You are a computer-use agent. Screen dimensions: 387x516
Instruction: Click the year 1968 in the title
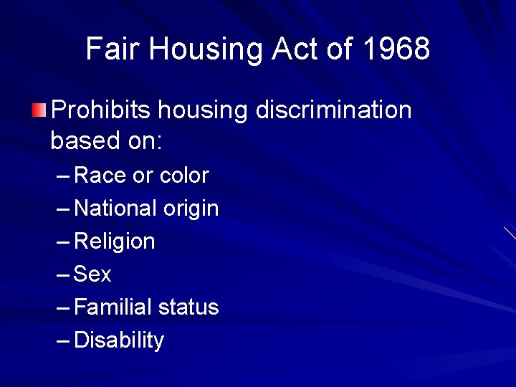396,49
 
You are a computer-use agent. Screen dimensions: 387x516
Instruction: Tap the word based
82,140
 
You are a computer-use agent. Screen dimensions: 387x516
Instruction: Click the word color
184,176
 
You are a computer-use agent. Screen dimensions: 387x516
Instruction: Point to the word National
115,209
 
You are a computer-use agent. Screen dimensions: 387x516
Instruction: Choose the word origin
191,209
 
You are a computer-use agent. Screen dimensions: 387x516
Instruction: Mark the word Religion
115,242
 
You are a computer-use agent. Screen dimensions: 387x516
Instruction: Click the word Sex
93,274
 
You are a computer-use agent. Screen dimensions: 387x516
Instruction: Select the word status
188,307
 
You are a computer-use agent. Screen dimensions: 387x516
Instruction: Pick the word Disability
119,340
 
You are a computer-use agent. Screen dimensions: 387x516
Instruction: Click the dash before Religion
63,242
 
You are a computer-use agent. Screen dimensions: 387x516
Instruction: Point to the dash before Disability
63,340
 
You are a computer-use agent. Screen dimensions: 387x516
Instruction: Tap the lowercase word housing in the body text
202,111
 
